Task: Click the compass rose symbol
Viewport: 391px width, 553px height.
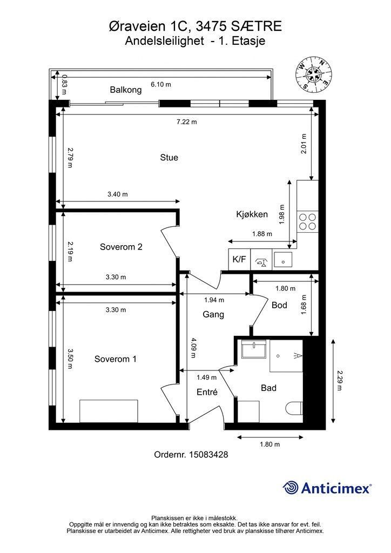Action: point(313,76)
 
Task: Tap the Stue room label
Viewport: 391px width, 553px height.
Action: point(169,158)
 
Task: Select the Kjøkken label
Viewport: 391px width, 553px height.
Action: point(252,214)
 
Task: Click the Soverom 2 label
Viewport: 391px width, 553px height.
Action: point(121,247)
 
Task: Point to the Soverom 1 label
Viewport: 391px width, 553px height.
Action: point(115,359)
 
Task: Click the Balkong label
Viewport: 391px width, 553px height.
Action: point(125,90)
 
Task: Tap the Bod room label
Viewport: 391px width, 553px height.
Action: point(279,305)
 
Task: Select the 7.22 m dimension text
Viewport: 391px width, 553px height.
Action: point(186,122)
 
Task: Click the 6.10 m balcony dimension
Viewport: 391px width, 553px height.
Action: point(161,85)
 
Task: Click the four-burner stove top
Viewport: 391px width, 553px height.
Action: point(307,221)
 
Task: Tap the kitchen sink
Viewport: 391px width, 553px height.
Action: point(283,260)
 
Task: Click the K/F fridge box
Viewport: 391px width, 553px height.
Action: point(239,260)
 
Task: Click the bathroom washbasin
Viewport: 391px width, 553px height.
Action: point(253,349)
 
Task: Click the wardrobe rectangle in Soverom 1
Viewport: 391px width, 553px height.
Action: point(109,411)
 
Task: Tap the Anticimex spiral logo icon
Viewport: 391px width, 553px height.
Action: point(291,488)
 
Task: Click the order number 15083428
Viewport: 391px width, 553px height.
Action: point(208,455)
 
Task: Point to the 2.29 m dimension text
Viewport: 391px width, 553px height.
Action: point(340,380)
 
